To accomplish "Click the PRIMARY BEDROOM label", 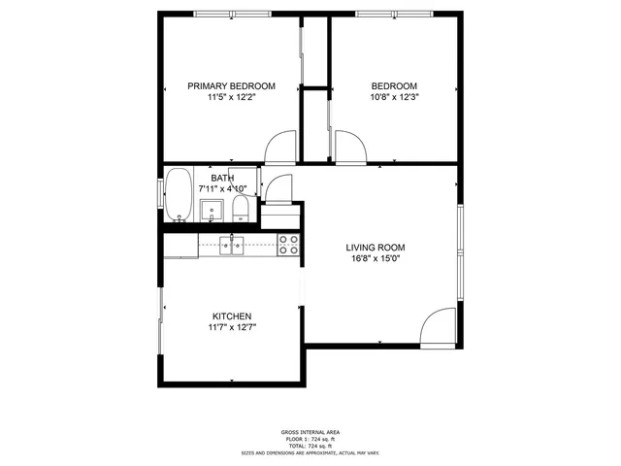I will (x=231, y=86).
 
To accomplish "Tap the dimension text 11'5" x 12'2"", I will (x=231, y=97).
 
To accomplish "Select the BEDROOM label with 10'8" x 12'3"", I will (x=394, y=86).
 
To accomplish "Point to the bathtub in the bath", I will (x=178, y=196).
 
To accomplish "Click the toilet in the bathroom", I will (x=242, y=209).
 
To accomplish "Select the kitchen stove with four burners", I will (x=288, y=245).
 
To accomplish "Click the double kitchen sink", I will (x=231, y=245).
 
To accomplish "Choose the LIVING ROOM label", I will (x=375, y=248).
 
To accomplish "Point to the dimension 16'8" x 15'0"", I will (x=375, y=259).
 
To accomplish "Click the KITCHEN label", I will (x=232, y=316).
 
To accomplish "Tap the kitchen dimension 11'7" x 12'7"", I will (x=232, y=328).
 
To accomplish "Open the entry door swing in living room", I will (x=439, y=327).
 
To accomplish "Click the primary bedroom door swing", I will (x=280, y=146).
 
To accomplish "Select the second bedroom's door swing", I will (x=348, y=146).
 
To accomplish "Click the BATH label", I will (x=222, y=178).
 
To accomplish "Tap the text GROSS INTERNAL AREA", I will (x=310, y=432).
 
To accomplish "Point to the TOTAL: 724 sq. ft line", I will (x=310, y=445).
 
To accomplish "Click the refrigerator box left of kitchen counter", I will (x=181, y=245).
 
